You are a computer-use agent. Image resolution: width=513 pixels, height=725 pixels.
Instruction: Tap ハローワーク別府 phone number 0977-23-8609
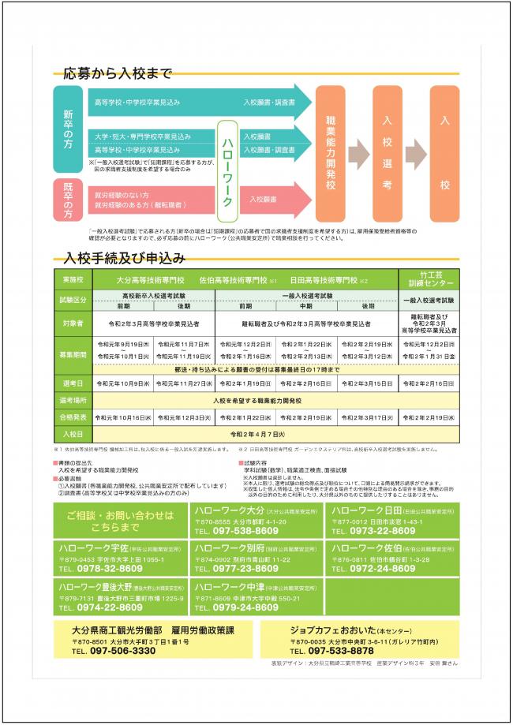[237, 568]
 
